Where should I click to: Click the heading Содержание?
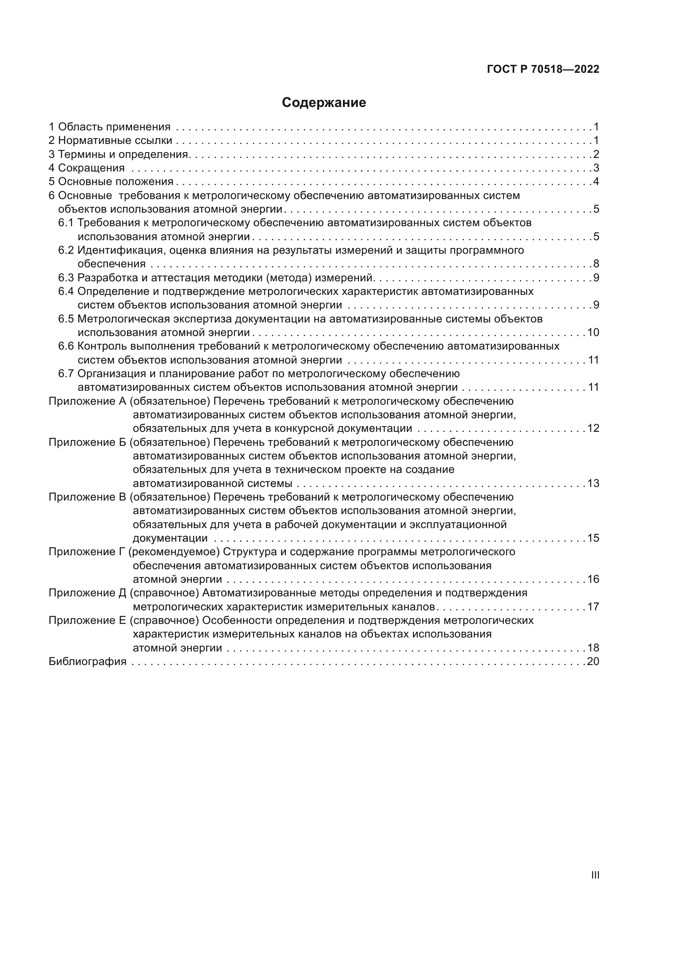click(x=324, y=103)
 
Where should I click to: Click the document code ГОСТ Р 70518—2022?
click(x=543, y=70)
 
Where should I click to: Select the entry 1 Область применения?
click(x=110, y=127)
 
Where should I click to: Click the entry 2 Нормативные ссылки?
click(x=110, y=141)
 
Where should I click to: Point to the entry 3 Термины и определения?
click(x=119, y=154)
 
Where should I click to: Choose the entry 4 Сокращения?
click(x=86, y=168)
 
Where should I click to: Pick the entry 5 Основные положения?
click(x=111, y=182)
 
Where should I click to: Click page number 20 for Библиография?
click(x=593, y=662)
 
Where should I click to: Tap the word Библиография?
click(x=88, y=662)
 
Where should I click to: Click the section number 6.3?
click(x=66, y=278)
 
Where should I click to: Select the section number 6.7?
click(x=66, y=373)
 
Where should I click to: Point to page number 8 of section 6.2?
click(x=596, y=264)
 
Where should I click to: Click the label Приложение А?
click(x=87, y=401)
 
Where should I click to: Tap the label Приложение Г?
click(x=87, y=552)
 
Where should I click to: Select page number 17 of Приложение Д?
click(x=593, y=607)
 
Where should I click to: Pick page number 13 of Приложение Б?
click(x=593, y=484)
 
